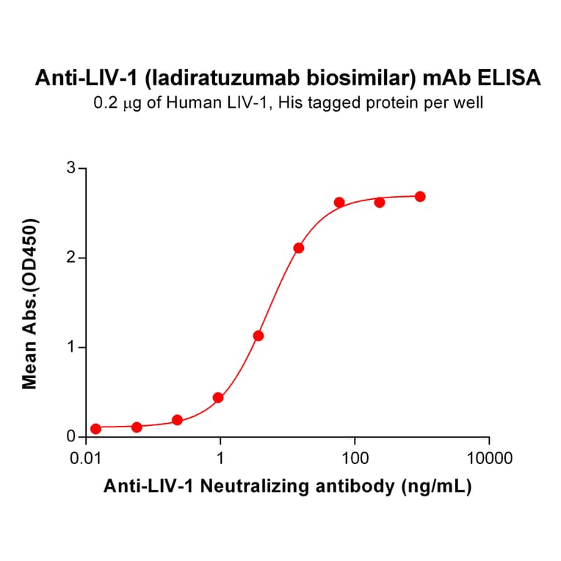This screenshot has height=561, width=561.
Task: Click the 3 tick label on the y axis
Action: (x=71, y=168)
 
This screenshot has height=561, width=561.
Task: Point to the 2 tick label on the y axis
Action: (x=71, y=258)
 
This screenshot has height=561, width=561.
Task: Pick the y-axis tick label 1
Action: (x=71, y=347)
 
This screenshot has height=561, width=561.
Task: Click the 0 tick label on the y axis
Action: (x=71, y=437)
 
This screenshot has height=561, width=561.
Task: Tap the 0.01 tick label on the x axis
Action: (x=87, y=460)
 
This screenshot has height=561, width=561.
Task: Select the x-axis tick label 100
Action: (x=355, y=460)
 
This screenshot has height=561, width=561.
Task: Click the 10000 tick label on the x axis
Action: (x=488, y=460)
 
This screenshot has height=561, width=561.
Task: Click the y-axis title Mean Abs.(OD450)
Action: (x=30, y=303)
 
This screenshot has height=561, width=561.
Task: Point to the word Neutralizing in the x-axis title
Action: (x=282, y=486)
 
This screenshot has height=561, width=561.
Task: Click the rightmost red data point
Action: (x=420, y=197)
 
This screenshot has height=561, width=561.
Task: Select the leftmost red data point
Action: (x=95, y=429)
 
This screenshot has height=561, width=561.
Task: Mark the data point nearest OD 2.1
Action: (x=298, y=248)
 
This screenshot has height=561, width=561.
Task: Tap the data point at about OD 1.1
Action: (x=258, y=336)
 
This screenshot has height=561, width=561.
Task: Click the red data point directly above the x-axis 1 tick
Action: (x=218, y=398)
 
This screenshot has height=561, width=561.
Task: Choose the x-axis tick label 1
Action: (x=221, y=460)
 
